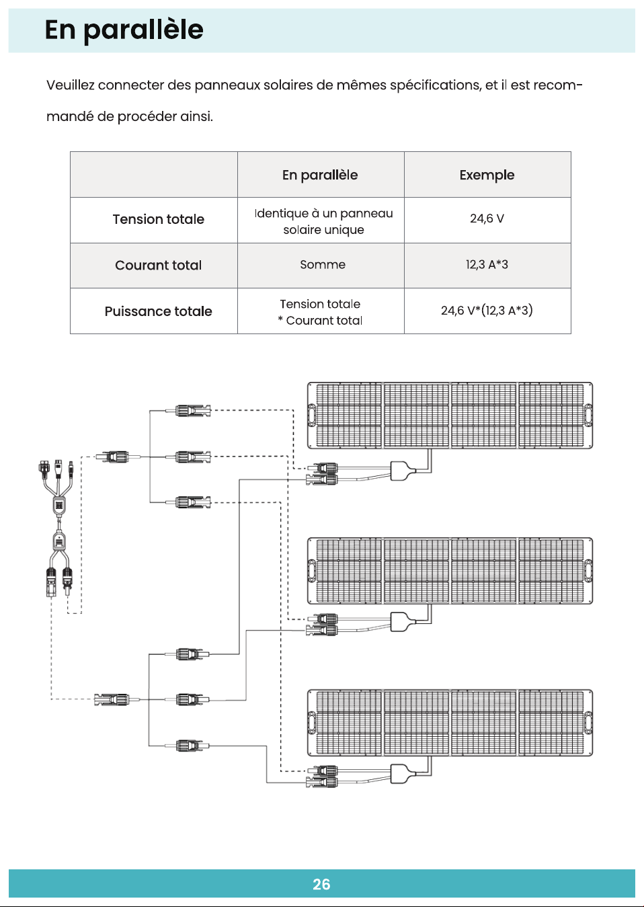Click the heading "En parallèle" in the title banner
click(124, 30)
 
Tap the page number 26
click(321, 884)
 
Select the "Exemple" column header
click(487, 175)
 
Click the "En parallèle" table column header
click(320, 175)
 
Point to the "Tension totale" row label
click(158, 219)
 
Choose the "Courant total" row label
click(158, 265)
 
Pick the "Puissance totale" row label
click(158, 311)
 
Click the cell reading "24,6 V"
click(487, 219)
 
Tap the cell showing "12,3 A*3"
click(487, 264)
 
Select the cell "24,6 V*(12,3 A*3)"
click(487, 311)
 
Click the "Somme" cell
click(323, 264)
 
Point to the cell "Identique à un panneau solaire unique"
click(323, 221)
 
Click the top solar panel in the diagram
click(450, 416)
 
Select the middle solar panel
click(450, 571)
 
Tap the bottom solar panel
click(450, 723)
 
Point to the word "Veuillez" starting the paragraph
click(70, 85)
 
